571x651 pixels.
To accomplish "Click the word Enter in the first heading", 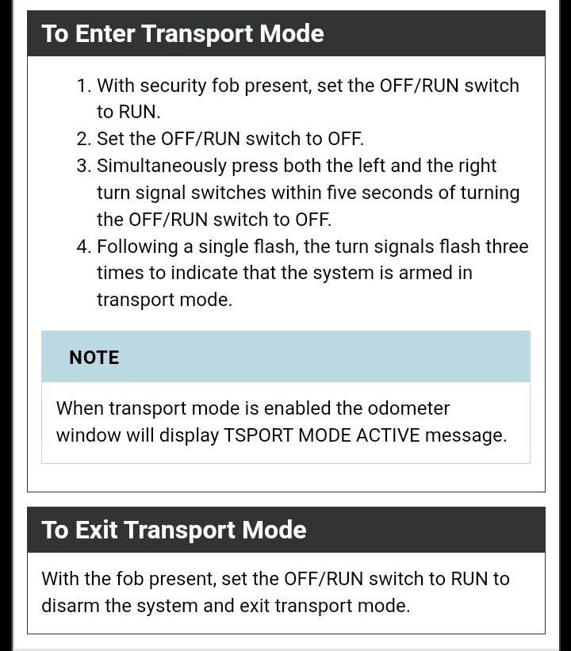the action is [x=105, y=33].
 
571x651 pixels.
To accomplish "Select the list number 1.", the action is [x=84, y=86].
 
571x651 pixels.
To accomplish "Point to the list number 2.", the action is [x=84, y=139].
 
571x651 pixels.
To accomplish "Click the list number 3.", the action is [x=84, y=166].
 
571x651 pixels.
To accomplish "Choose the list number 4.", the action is [x=84, y=247].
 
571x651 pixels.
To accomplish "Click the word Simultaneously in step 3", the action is [x=162, y=167].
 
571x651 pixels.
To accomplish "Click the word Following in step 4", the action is [x=137, y=247].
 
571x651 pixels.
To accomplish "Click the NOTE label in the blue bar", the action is [x=94, y=358].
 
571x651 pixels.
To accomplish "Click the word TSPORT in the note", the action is [x=259, y=435].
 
